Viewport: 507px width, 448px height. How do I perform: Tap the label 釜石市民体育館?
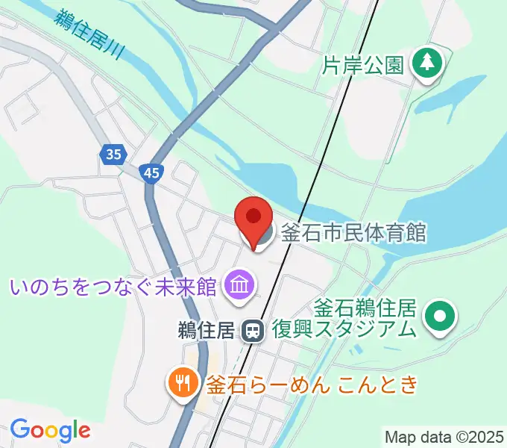[353, 233]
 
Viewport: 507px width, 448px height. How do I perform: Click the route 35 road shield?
[112, 155]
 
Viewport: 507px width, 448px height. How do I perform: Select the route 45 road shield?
[152, 173]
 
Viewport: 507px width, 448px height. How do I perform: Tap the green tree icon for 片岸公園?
[429, 63]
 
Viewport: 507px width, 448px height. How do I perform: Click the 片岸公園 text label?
[363, 66]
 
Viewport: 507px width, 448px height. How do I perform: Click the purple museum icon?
[240, 284]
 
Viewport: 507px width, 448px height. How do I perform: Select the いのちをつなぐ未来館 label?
[113, 286]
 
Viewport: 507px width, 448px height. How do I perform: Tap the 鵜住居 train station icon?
[254, 331]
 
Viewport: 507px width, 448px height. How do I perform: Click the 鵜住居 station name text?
[207, 330]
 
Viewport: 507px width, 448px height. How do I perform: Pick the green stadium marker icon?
[439, 317]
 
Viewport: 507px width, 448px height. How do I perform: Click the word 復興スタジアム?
[343, 329]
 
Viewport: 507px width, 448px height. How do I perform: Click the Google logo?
[50, 430]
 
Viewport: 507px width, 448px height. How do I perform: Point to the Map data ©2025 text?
[444, 437]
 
